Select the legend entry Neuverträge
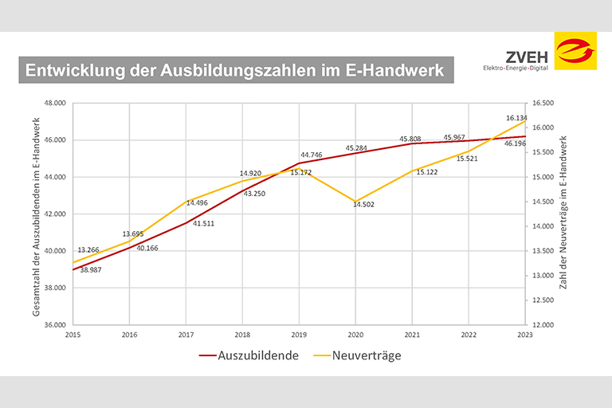366,355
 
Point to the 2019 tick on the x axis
299,335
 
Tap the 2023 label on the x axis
524,335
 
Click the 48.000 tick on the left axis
55,104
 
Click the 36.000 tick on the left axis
55,325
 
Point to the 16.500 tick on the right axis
542,104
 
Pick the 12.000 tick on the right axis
542,325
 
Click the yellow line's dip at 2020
355,202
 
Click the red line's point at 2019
299,163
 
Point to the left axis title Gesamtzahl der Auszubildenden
37,215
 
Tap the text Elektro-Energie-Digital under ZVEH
516,69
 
